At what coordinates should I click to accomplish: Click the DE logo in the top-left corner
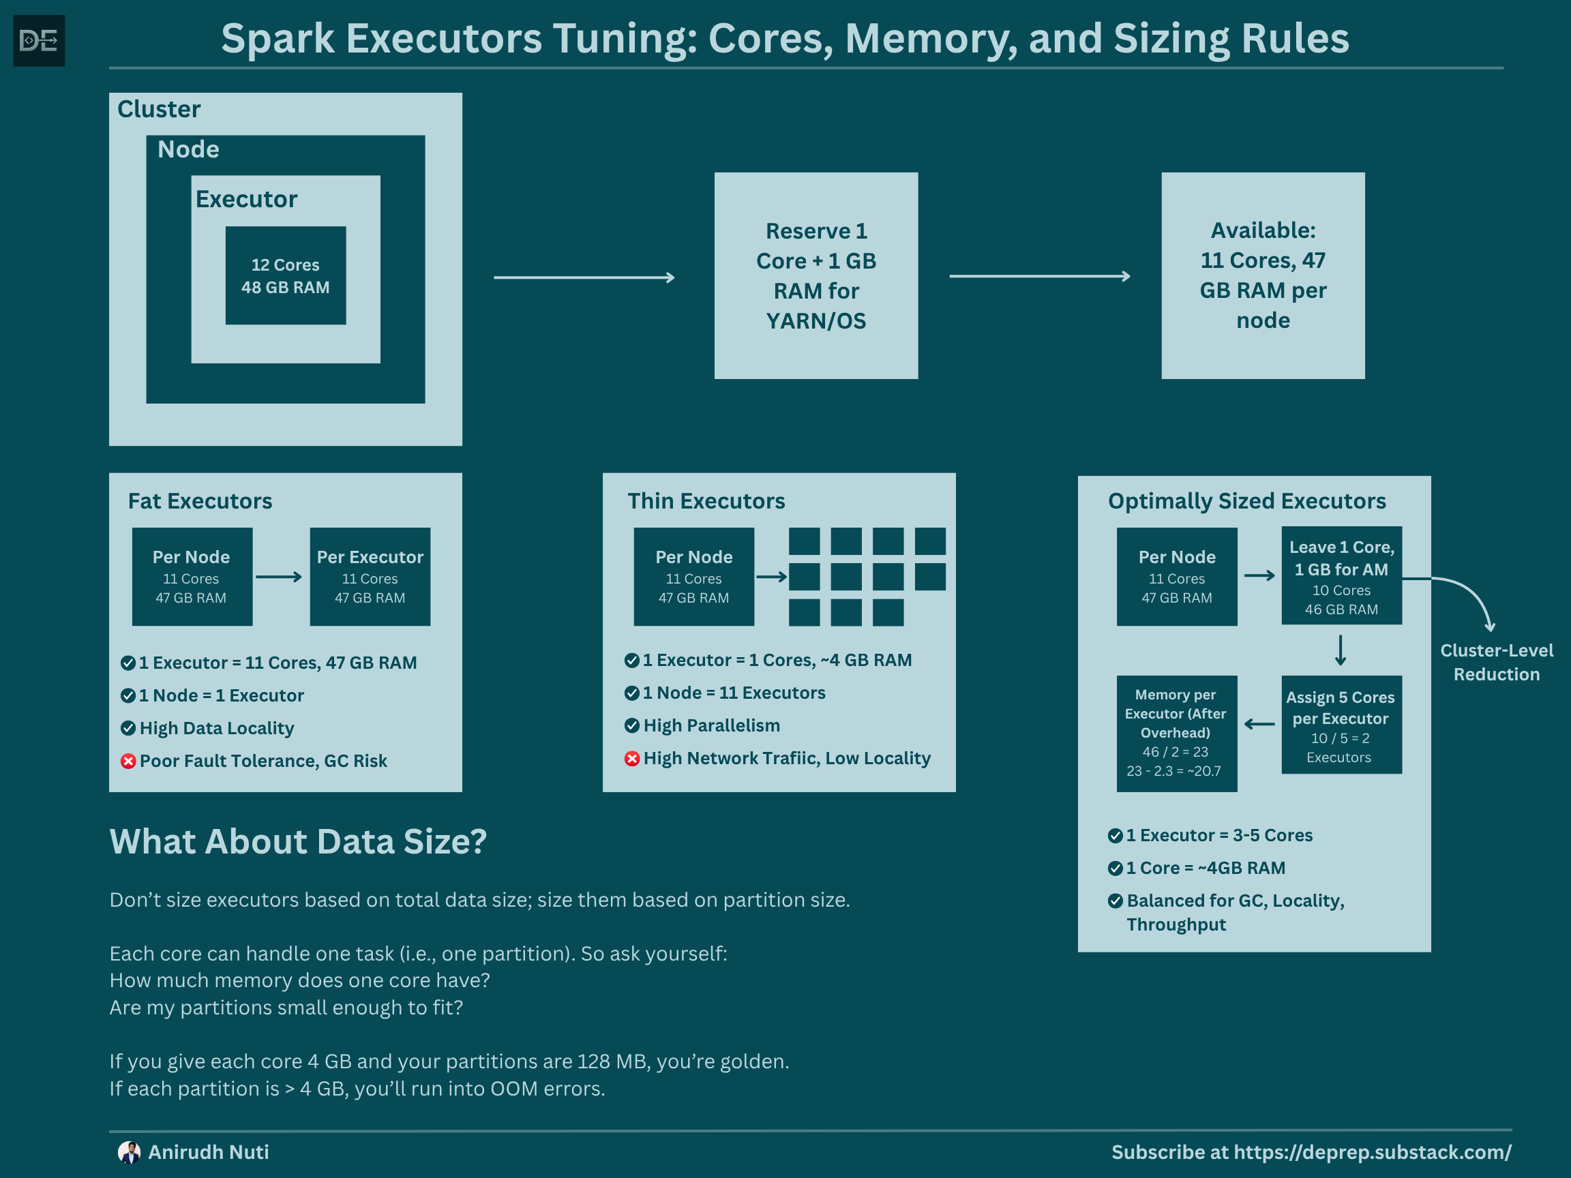(39, 40)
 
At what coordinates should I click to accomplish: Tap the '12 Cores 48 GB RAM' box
(286, 275)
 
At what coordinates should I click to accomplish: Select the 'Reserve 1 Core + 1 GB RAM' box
(816, 275)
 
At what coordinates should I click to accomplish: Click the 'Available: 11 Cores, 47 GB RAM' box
(1263, 275)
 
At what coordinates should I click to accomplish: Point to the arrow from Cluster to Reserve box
(584, 277)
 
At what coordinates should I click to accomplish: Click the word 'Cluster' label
(159, 109)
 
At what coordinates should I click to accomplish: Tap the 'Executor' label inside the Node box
(246, 200)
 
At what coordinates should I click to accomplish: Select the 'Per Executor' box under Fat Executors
(370, 577)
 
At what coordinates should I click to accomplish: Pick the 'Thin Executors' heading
(706, 501)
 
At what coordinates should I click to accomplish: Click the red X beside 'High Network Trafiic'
(632, 759)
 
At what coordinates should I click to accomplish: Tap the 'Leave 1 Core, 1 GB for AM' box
(1341, 576)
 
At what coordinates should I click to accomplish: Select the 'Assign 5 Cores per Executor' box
(1341, 725)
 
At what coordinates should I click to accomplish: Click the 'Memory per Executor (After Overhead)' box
(1176, 733)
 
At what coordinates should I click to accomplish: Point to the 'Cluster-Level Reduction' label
(1497, 663)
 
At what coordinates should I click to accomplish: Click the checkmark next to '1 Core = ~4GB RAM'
(1115, 869)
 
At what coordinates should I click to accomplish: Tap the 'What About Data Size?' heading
(298, 842)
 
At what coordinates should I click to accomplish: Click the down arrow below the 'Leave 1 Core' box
(1340, 650)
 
